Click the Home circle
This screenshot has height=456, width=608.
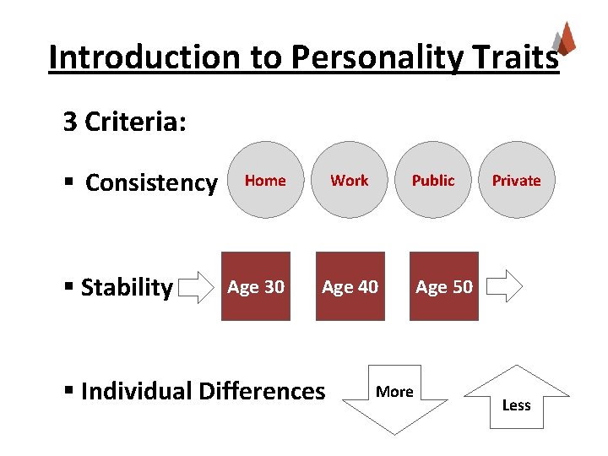pyautogui.click(x=265, y=180)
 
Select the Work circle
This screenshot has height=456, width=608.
pyautogui.click(x=350, y=180)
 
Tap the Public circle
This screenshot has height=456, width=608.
pyautogui.click(x=433, y=180)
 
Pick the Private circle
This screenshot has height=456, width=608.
pyautogui.click(x=516, y=180)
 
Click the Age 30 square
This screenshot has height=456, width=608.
pyautogui.click(x=256, y=286)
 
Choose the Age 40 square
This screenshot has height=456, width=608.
pyautogui.click(x=350, y=286)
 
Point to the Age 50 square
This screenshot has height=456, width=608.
pyautogui.click(x=444, y=286)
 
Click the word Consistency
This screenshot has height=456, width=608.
pyautogui.click(x=151, y=182)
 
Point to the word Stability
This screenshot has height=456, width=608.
pyautogui.click(x=127, y=287)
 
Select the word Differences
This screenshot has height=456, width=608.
pyautogui.click(x=261, y=391)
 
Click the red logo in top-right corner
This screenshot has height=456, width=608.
pyautogui.click(x=563, y=39)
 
